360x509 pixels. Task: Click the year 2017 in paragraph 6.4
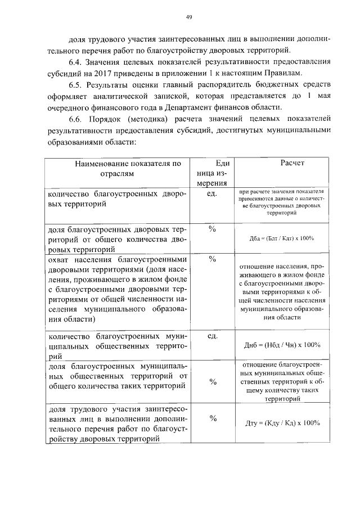pos(166,74)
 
